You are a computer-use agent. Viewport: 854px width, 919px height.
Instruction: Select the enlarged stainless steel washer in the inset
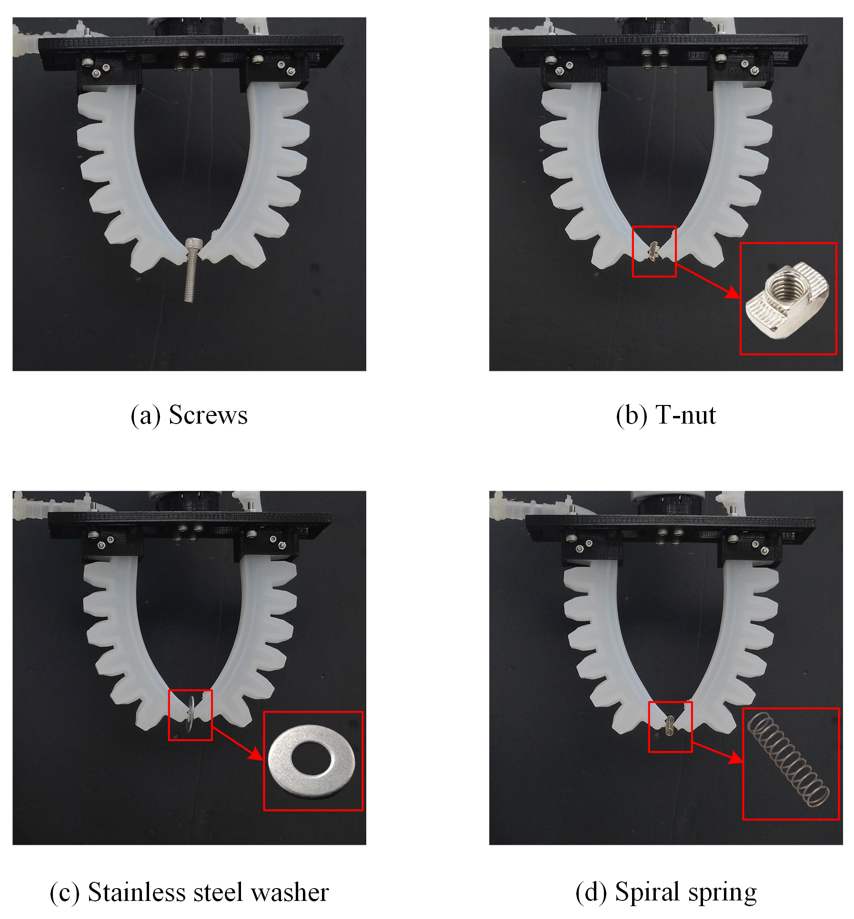pos(311,761)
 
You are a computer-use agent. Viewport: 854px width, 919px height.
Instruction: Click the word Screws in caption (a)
pos(208,415)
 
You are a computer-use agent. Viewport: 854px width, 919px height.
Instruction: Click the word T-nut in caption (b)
pos(686,415)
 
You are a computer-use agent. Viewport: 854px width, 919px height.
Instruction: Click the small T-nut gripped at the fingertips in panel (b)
pos(654,250)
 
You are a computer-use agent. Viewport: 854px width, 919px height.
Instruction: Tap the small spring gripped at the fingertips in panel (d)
pos(670,725)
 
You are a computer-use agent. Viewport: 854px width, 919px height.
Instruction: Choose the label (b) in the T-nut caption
pos(632,416)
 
